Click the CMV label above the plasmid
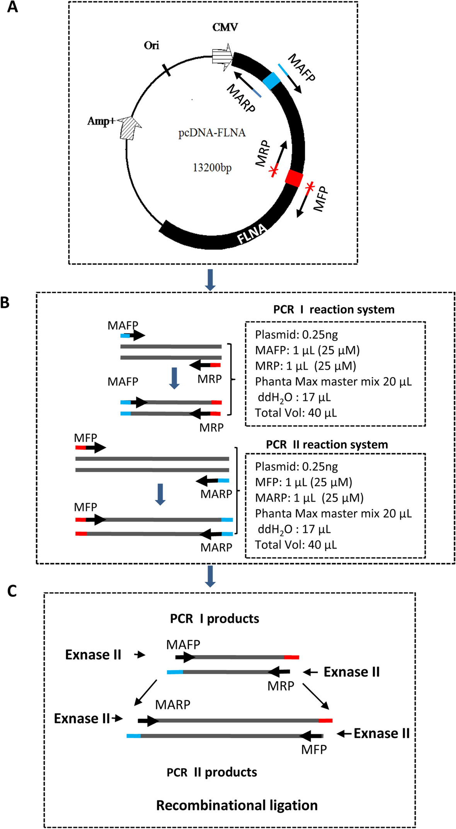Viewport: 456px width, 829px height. pos(225,27)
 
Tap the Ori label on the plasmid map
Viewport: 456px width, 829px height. pos(151,46)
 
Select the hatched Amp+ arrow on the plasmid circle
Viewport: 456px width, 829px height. pos(130,128)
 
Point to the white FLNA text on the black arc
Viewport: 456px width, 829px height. pos(252,234)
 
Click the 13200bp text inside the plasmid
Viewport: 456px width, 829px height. pos(212,168)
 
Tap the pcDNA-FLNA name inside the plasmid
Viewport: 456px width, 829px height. pos(212,133)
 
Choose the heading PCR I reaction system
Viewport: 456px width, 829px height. pos(334,310)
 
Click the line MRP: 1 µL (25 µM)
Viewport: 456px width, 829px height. pos(305,366)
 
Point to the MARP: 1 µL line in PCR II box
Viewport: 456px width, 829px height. pos(309,498)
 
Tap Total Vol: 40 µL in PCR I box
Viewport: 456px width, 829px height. pos(296,413)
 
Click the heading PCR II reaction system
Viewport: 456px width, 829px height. pos(327,445)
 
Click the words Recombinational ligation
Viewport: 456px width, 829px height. pos(237,805)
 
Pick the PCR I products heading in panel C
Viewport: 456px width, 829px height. pos(214,618)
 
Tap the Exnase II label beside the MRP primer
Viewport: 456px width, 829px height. pos(351,672)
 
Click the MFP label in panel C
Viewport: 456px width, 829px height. pos(314,749)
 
